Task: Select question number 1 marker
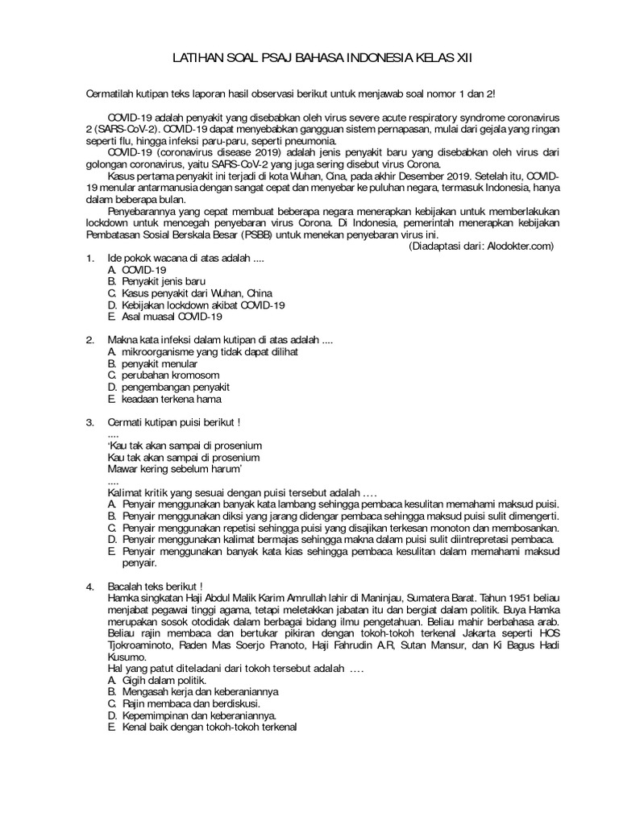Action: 91,259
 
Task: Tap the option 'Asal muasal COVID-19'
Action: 166,317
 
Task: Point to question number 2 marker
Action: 91,341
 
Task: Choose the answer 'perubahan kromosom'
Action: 164,375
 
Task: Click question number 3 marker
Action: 91,422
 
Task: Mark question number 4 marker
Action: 91,587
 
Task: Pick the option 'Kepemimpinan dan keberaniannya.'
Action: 193,715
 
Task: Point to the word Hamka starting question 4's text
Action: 123,599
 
